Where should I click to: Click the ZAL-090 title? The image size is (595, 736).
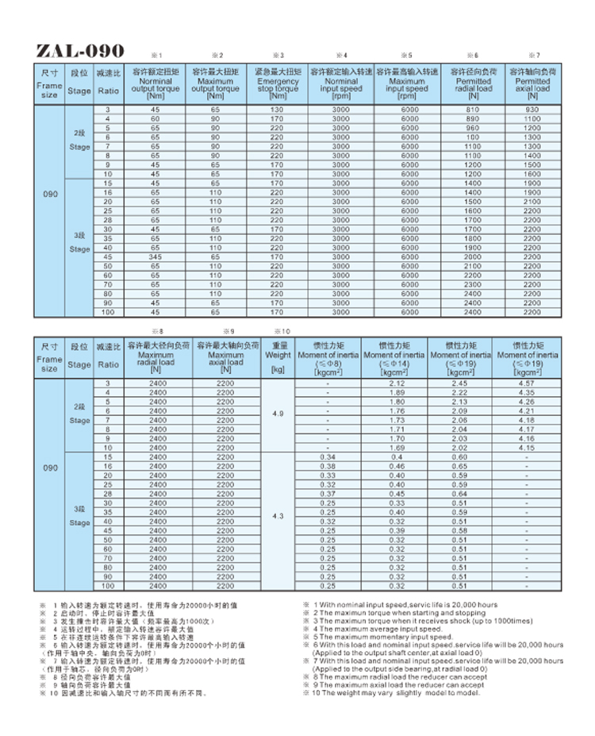click(x=80, y=52)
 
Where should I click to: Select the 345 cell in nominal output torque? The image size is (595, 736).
click(x=155, y=256)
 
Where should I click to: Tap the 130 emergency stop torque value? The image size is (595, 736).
click(x=277, y=109)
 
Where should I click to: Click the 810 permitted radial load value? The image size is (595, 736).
click(x=473, y=109)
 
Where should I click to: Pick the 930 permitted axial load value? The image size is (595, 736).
click(x=532, y=109)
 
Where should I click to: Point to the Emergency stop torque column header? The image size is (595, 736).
click(x=277, y=85)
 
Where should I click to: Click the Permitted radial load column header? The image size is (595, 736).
click(x=473, y=85)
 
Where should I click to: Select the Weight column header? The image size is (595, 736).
click(x=278, y=356)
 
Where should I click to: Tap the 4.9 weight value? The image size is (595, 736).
click(x=278, y=414)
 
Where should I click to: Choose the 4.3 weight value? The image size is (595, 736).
click(x=278, y=516)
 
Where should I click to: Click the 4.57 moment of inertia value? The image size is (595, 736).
click(x=525, y=383)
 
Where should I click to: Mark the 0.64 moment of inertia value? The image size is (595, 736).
click(x=459, y=494)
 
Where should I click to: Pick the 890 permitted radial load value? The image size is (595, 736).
click(x=473, y=118)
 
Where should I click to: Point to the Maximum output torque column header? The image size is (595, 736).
click(x=215, y=85)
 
